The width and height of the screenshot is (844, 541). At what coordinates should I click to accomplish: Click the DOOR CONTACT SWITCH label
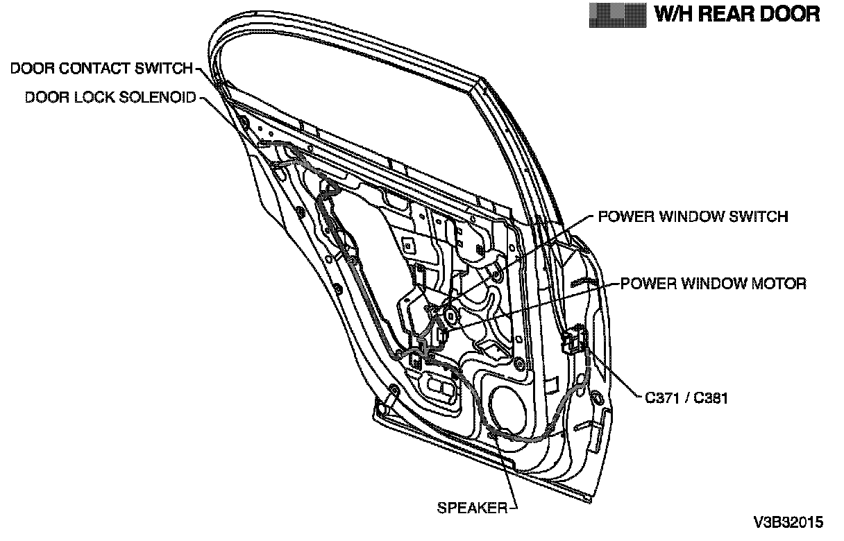tap(101, 68)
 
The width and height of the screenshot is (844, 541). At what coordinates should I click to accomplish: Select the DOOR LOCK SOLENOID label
tap(110, 97)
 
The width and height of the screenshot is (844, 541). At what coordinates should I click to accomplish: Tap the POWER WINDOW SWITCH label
tap(693, 216)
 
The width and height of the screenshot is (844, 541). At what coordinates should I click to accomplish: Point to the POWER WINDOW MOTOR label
tap(713, 284)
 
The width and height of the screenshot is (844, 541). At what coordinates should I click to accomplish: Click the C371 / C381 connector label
tap(686, 399)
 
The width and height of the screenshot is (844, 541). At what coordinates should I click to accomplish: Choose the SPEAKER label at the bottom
tap(472, 508)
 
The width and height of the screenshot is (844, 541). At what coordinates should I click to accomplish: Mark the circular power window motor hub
tap(451, 316)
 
